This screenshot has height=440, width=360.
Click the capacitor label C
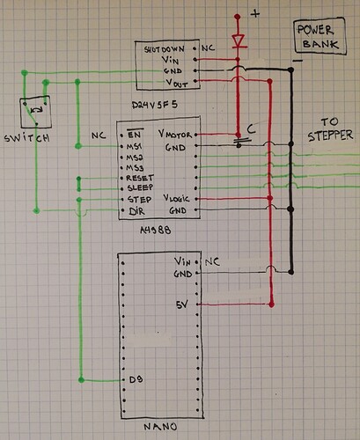coord(251,129)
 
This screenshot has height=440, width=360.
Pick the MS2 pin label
coord(135,157)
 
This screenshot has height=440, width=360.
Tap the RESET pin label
coord(139,178)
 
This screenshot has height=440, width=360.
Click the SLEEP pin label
coord(139,188)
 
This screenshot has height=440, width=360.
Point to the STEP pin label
coord(137,200)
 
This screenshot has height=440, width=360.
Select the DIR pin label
coord(135,211)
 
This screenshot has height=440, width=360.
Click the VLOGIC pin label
coord(175,200)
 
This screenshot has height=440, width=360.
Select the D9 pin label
coord(134,381)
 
